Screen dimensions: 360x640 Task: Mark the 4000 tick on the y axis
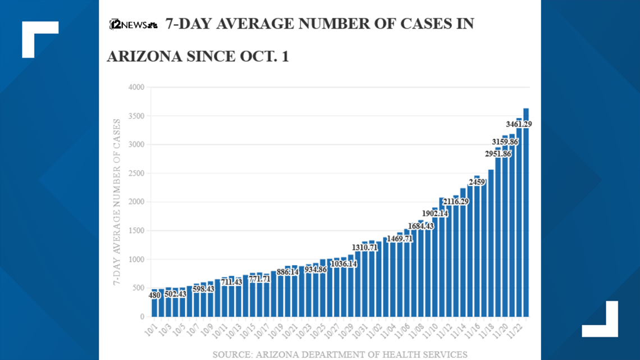136,88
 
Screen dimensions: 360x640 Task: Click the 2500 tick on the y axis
136,174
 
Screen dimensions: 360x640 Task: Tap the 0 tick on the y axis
141,317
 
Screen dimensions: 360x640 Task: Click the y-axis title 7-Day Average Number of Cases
117,202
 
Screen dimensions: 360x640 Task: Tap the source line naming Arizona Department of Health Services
340,354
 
